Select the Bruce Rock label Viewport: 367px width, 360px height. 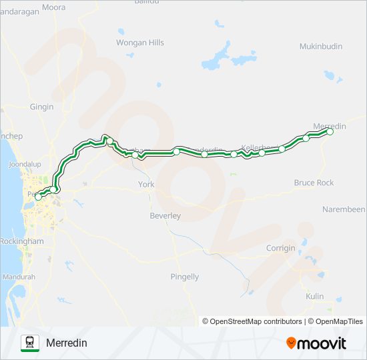(x=314, y=183)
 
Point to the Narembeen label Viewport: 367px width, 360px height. (x=344, y=209)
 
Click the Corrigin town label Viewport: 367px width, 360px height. (x=280, y=248)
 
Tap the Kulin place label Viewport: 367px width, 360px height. (x=314, y=296)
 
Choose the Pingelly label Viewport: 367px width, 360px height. (x=185, y=277)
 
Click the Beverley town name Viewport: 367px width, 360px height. (x=165, y=216)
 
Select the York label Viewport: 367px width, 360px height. (x=145, y=184)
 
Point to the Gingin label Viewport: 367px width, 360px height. (x=41, y=107)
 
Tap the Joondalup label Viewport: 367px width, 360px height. (x=26, y=163)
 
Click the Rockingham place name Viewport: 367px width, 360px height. (x=22, y=241)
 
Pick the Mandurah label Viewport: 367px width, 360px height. (x=18, y=277)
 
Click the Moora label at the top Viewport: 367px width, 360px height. (x=53, y=8)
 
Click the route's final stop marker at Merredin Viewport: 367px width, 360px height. (x=330, y=132)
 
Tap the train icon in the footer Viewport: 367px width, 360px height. (x=30, y=343)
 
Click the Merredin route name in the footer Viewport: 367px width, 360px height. (x=67, y=343)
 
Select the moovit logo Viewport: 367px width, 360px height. (x=316, y=343)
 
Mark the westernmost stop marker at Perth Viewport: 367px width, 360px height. (x=38, y=197)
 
